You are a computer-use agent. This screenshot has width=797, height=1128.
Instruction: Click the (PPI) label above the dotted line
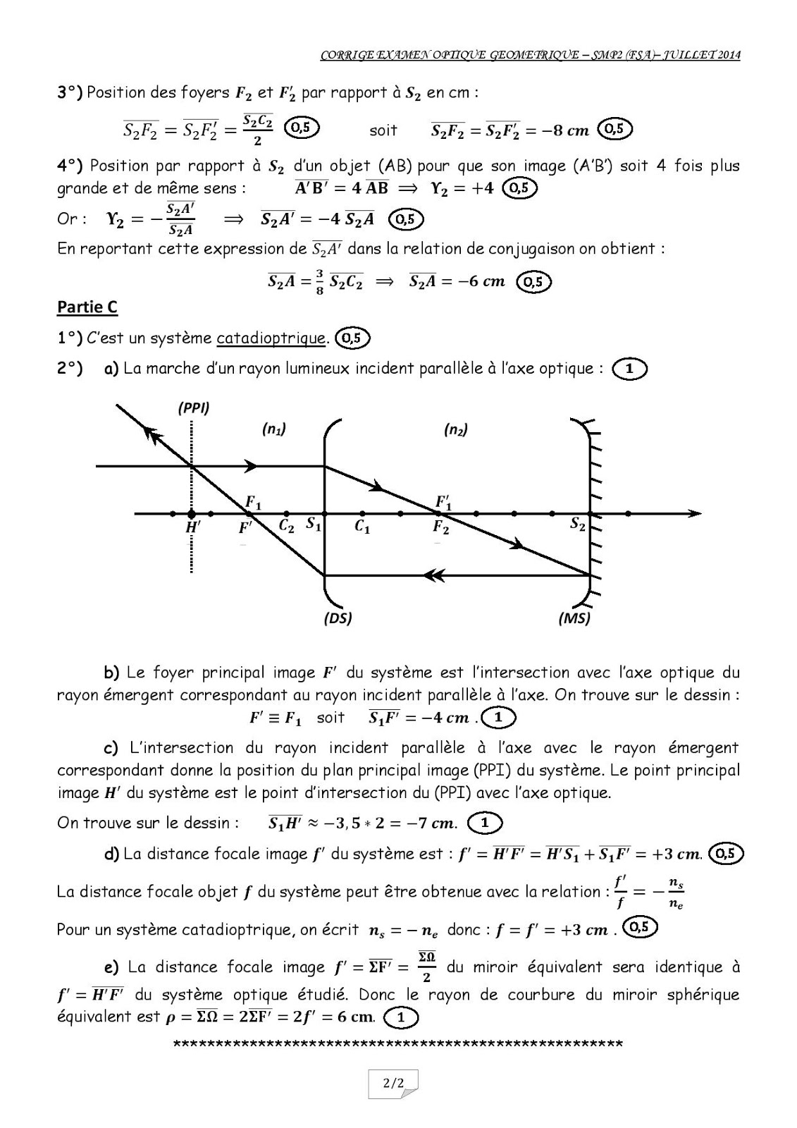point(194,407)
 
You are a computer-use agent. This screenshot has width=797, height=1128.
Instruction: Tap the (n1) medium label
point(273,429)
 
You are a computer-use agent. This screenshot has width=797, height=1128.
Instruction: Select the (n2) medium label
point(456,429)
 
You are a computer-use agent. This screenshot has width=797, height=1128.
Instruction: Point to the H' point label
point(193,528)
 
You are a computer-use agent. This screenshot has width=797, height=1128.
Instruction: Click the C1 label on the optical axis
point(362,527)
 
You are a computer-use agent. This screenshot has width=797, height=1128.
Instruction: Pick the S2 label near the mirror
point(577,524)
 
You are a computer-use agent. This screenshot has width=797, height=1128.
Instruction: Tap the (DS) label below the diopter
point(338,618)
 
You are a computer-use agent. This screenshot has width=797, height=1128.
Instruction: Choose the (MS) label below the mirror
point(574,618)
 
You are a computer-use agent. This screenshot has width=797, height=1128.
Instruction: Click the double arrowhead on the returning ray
point(434,575)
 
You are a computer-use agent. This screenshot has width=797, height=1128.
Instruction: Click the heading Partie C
point(87,307)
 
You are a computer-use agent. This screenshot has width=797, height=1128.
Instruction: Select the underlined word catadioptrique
point(271,338)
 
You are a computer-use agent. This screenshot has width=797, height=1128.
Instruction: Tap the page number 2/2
point(393,1083)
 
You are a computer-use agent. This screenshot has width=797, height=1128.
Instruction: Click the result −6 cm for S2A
point(476,281)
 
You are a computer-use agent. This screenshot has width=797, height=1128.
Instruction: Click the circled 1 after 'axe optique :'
point(629,368)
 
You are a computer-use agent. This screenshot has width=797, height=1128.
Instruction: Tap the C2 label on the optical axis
point(286,525)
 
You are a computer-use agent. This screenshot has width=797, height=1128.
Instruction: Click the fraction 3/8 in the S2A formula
point(319,282)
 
